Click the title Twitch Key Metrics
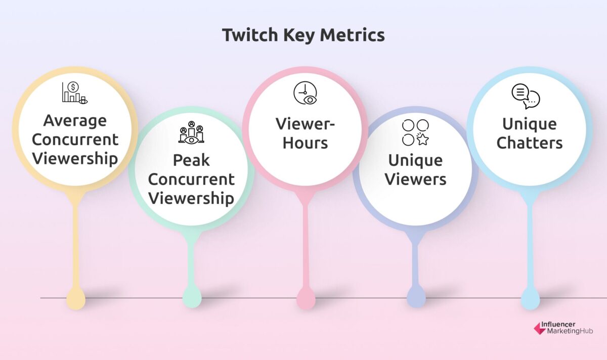click(303, 35)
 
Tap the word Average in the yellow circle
click(75, 120)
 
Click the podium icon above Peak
click(191, 133)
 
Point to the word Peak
click(191, 160)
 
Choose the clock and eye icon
click(305, 93)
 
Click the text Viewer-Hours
click(305, 133)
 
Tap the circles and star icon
click(415, 132)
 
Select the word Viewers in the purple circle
click(415, 179)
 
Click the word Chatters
click(529, 143)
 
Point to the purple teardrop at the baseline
click(416, 297)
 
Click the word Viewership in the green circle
click(191, 198)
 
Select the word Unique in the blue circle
click(529, 124)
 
